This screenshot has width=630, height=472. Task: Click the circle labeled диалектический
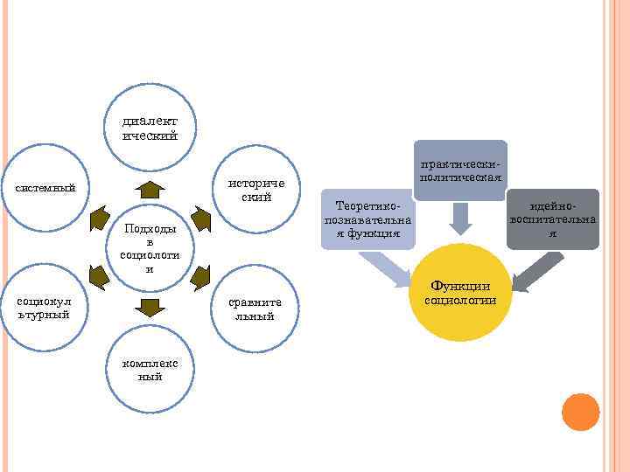click(150, 128)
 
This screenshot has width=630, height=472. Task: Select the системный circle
click(51, 187)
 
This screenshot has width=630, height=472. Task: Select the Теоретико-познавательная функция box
click(367, 219)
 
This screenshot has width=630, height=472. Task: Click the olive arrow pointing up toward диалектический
click(151, 188)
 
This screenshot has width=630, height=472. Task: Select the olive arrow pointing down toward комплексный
click(151, 307)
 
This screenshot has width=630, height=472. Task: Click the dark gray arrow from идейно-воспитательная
click(530, 272)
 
